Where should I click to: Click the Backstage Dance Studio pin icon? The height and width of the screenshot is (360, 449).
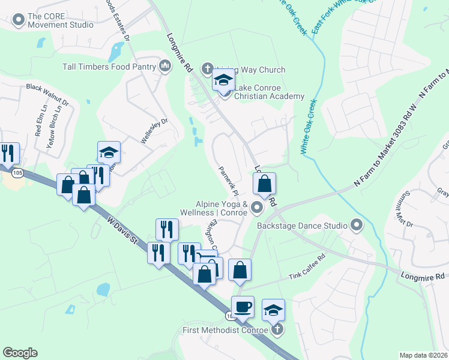[357, 226]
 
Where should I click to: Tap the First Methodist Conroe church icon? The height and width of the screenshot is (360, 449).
[277, 329]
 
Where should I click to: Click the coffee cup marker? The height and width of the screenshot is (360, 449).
[243, 307]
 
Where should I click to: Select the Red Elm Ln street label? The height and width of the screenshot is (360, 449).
[39, 120]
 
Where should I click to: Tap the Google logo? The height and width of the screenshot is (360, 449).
[20, 353]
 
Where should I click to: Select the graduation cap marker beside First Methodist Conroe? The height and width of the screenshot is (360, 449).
[273, 310]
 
